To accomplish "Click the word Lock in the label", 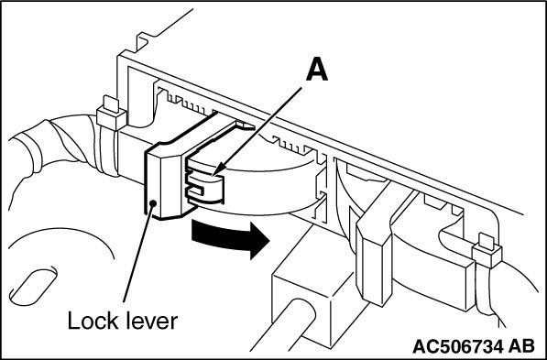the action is tap(92, 321).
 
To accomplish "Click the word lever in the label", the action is tap(150, 321).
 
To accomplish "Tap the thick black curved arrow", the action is tap(230, 238).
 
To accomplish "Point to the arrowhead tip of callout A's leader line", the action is tap(212, 175).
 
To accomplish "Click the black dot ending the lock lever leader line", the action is tap(152, 202).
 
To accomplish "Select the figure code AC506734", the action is tap(458, 347).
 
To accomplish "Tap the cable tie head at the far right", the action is tap(487, 251).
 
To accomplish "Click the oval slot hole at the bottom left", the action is tap(33, 287).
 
